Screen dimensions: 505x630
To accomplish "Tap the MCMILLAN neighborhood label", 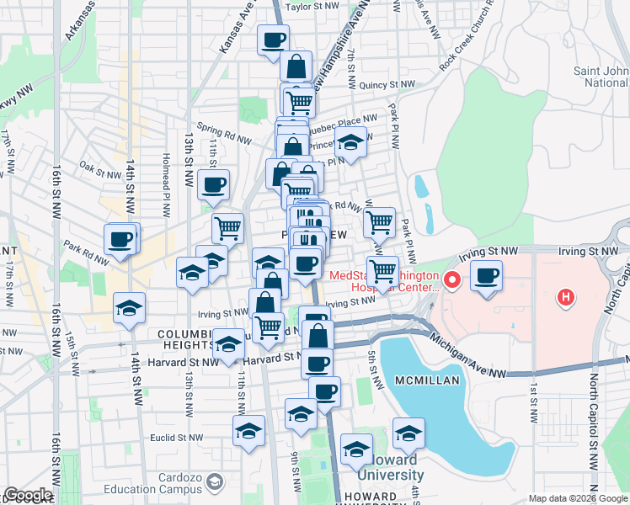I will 429,380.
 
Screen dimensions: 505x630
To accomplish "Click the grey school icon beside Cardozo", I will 214,482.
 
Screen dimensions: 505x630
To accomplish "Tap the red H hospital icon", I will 566,297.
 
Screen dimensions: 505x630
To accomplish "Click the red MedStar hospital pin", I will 451,280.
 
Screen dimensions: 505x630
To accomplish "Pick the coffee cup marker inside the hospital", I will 486,275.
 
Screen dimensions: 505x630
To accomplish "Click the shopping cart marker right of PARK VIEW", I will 380,222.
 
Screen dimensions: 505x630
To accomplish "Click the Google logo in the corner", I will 28,495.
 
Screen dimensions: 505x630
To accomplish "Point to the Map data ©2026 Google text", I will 578,498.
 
